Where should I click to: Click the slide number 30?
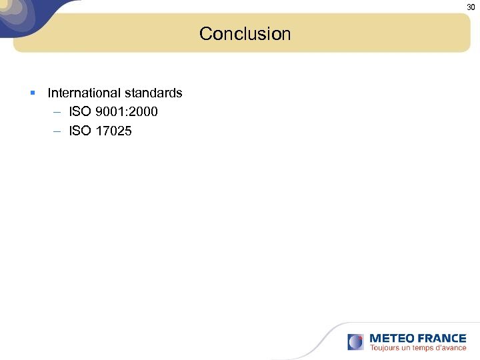(471, 7)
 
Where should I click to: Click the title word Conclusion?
(245, 33)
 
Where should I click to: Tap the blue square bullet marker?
(33, 93)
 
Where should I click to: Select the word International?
(84, 93)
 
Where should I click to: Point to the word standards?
(153, 93)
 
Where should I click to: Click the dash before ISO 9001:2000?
(57, 112)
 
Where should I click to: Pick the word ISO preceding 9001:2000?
(79, 112)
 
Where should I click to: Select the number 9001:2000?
(127, 112)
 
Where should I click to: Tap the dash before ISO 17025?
(57, 131)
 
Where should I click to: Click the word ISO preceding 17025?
(79, 131)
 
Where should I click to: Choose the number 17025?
(114, 131)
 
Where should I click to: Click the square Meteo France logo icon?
(356, 342)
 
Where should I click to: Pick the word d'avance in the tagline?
(452, 348)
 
